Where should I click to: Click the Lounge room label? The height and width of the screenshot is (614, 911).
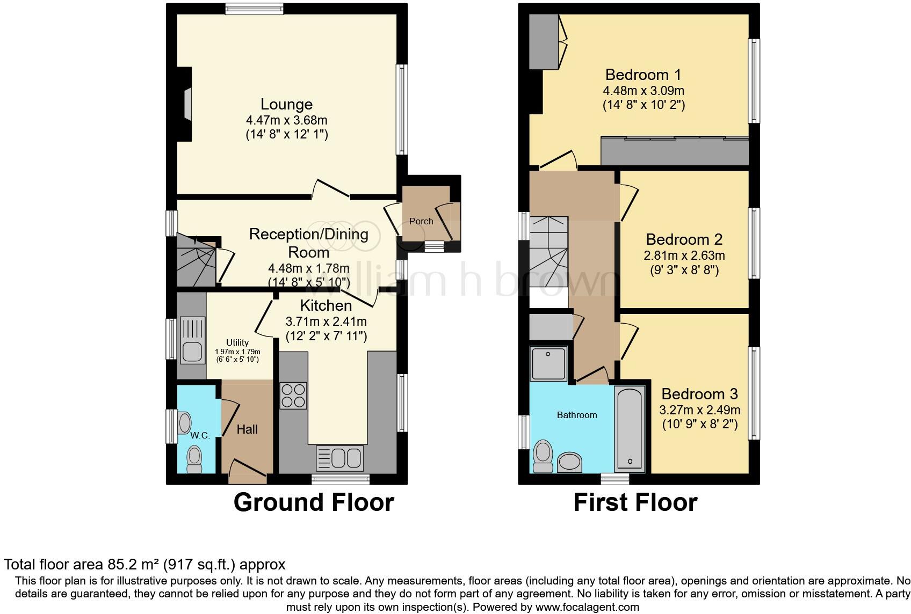tap(286, 104)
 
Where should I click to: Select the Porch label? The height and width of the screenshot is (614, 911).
tap(421, 221)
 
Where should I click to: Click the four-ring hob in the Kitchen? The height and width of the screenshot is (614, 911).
tap(293, 396)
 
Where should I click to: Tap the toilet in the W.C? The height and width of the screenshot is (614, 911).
tap(194, 459)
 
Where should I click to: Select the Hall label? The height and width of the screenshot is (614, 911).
tap(247, 429)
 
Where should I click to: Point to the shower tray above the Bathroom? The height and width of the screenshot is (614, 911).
tap(548, 363)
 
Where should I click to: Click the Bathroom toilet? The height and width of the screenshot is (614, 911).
tap(543, 456)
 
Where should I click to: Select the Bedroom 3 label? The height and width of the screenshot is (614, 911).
tap(699, 394)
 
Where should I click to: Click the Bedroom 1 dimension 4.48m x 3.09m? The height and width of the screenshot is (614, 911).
tap(644, 91)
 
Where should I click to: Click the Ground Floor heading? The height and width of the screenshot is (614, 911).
tap(314, 502)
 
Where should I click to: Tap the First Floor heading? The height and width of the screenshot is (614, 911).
tap(635, 502)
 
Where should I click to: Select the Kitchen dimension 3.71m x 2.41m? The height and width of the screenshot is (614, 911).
tap(326, 321)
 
